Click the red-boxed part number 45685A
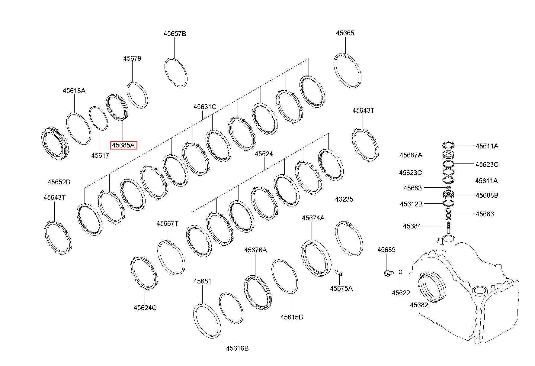(123, 145)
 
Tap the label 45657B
(175, 34)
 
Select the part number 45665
(345, 33)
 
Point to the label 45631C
(205, 107)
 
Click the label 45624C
(145, 308)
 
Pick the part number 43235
(344, 199)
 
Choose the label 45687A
(411, 155)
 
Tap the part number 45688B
(487, 195)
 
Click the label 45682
(419, 305)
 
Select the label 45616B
(237, 348)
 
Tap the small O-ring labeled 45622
(400, 272)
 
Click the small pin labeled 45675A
(339, 273)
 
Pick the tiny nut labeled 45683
(448, 188)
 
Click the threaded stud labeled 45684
(449, 227)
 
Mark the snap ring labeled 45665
(348, 70)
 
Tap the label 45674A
(313, 218)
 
